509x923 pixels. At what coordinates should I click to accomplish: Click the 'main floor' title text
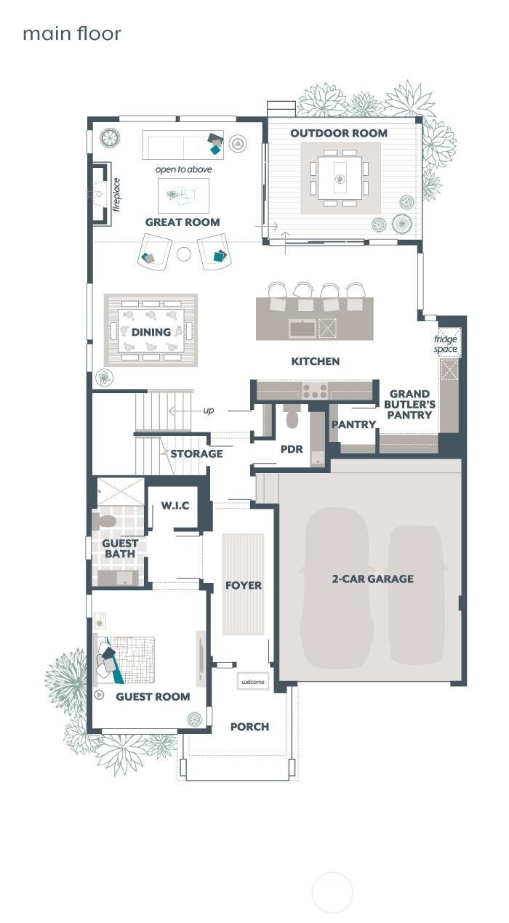pyautogui.click(x=71, y=33)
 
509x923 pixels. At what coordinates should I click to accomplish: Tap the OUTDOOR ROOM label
pyautogui.click(x=339, y=133)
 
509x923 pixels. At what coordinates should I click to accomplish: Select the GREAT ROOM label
pyautogui.click(x=182, y=222)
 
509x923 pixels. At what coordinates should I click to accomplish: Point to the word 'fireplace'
pyautogui.click(x=116, y=195)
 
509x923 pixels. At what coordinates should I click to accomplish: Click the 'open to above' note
pyautogui.click(x=183, y=169)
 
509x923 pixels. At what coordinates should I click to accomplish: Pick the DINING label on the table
pyautogui.click(x=151, y=332)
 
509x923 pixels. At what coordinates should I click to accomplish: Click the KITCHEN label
pyautogui.click(x=315, y=361)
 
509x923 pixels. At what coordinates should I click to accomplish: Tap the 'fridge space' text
pyautogui.click(x=446, y=344)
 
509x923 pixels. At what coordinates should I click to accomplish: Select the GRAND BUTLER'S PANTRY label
pyautogui.click(x=409, y=405)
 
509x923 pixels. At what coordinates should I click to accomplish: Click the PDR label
pyautogui.click(x=292, y=449)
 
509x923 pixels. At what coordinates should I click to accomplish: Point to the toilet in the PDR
pyautogui.click(x=292, y=417)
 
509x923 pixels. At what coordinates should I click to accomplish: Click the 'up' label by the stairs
pyautogui.click(x=209, y=411)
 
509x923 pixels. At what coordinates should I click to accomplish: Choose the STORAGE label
pyautogui.click(x=196, y=454)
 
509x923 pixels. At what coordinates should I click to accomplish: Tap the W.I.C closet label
pyautogui.click(x=175, y=505)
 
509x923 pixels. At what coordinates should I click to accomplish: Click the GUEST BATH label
pyautogui.click(x=120, y=549)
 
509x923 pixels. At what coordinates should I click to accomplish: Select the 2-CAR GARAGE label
pyautogui.click(x=373, y=579)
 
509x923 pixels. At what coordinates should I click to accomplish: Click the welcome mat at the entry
pyautogui.click(x=253, y=682)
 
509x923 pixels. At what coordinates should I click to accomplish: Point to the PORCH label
pyautogui.click(x=249, y=727)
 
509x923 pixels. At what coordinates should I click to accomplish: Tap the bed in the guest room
pyautogui.click(x=127, y=660)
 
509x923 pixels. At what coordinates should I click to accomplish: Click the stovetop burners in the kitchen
pyautogui.click(x=314, y=391)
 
